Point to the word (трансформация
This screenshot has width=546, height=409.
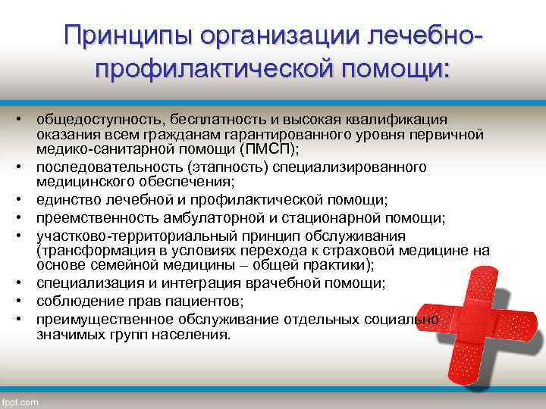click(89, 250)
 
